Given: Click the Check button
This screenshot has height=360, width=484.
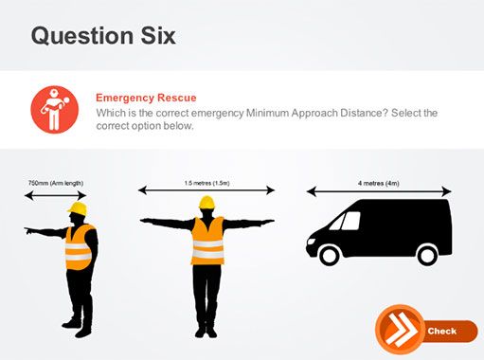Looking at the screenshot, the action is [x=426, y=330].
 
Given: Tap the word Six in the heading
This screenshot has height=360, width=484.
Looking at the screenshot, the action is [x=158, y=36].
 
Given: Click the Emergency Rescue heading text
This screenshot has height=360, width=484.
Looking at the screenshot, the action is [x=146, y=98].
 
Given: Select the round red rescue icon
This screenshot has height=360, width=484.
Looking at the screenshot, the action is [x=54, y=109].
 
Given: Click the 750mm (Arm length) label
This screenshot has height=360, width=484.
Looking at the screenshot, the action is [x=56, y=183].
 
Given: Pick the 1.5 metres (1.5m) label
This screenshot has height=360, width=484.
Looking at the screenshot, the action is [x=206, y=183].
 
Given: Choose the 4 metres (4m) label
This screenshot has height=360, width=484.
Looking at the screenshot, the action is [x=379, y=183].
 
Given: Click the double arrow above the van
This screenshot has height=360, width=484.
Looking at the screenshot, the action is [x=379, y=191].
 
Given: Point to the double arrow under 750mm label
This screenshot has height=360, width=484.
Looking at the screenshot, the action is [x=56, y=196].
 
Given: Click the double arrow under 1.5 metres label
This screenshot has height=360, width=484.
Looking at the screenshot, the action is [x=206, y=190].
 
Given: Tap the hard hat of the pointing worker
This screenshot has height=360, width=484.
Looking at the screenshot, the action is [x=78, y=208].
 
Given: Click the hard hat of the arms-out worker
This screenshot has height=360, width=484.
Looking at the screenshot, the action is [x=206, y=203].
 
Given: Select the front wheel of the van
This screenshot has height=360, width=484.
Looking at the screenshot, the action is [x=330, y=255].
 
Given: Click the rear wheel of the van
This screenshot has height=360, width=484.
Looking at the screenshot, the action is [x=427, y=255].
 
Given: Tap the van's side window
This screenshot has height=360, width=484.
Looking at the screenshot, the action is [x=350, y=221].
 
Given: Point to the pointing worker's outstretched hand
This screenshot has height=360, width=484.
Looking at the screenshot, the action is [x=29, y=231].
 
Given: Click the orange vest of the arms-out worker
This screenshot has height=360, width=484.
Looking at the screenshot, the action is [x=207, y=241].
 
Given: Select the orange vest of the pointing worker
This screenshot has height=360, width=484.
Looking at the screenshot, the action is [x=79, y=247].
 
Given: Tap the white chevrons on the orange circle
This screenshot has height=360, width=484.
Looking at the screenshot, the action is [x=401, y=330].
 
